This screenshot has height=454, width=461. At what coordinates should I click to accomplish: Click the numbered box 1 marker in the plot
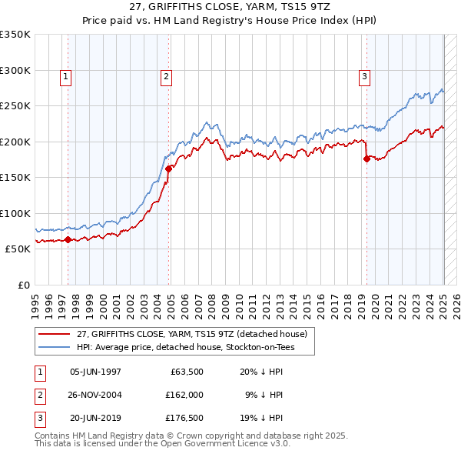tap(66, 76)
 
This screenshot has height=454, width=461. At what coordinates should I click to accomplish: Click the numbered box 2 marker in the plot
tap(166, 76)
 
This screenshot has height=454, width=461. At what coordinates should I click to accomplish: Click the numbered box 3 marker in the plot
tap(363, 76)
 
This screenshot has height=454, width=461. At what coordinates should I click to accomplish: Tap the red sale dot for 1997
tap(68, 239)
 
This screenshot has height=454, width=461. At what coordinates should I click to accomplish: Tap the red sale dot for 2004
tap(169, 169)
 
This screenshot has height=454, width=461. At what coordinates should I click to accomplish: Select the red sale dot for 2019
tap(366, 159)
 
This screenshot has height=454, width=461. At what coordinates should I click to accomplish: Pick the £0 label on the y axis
tap(22, 285)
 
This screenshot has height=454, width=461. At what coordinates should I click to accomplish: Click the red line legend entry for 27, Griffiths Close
tap(191, 334)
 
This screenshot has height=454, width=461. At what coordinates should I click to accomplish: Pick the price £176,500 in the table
tap(183, 418)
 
